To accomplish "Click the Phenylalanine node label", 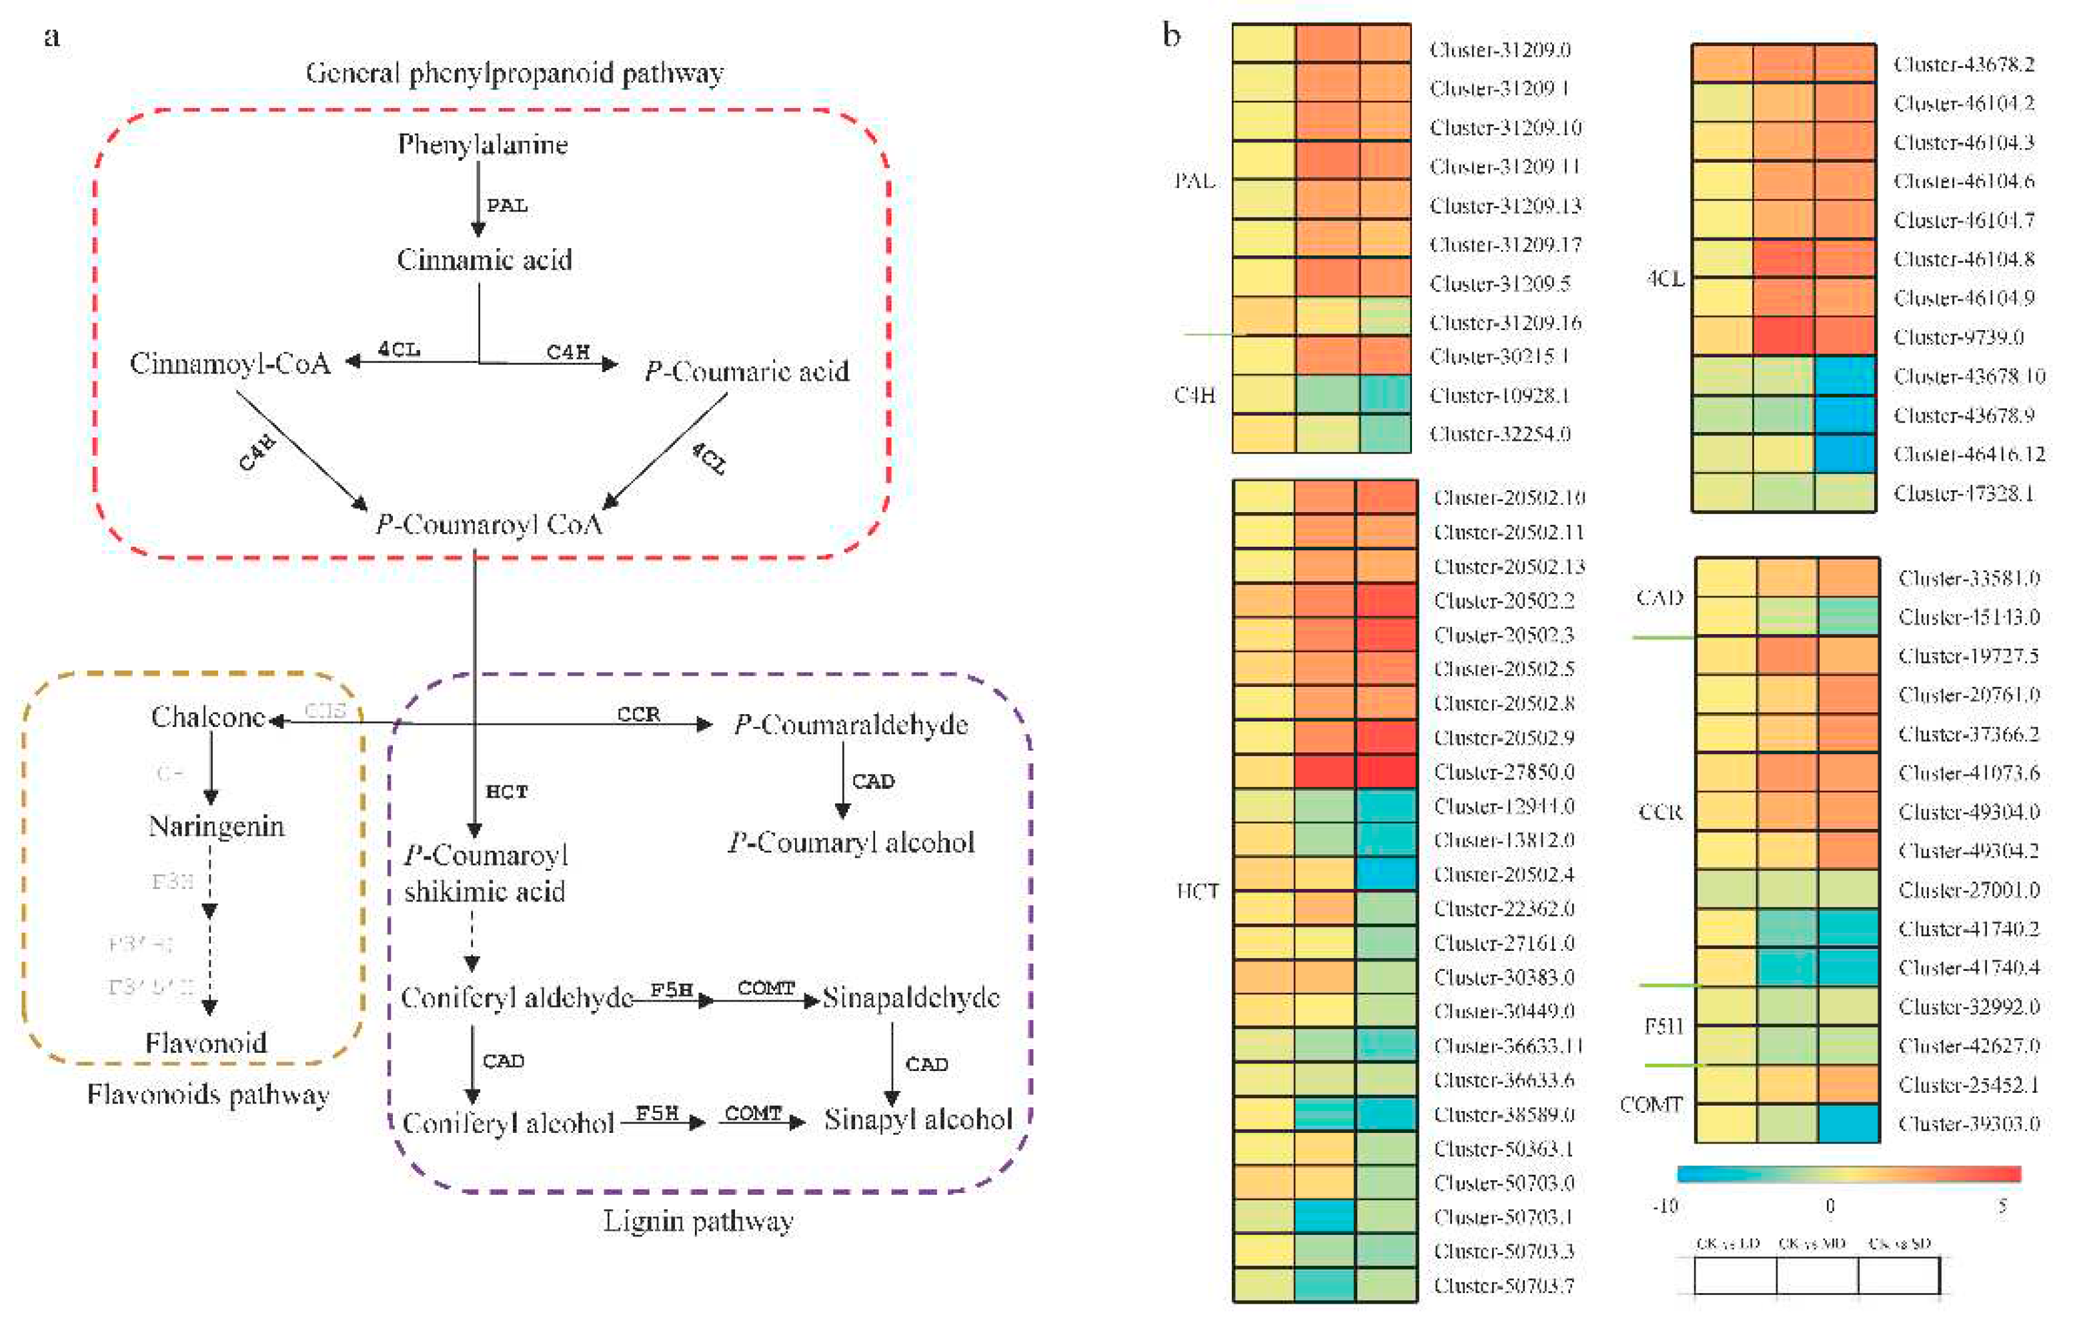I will (x=483, y=145).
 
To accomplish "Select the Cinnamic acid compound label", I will (x=484, y=260).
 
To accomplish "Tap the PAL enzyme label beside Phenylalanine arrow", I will (x=507, y=206).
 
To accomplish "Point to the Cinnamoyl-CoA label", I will (x=230, y=363).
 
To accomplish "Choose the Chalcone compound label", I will (x=207, y=717).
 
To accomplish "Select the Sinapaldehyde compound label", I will (x=911, y=998).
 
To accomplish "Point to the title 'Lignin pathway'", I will (x=698, y=1222).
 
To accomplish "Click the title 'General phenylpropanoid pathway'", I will (x=515, y=73).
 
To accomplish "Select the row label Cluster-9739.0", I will (x=1958, y=337).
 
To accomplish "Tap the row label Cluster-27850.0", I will (x=1503, y=772).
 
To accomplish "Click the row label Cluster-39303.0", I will (x=1969, y=1124).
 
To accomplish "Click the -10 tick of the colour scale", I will (x=1665, y=1206).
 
